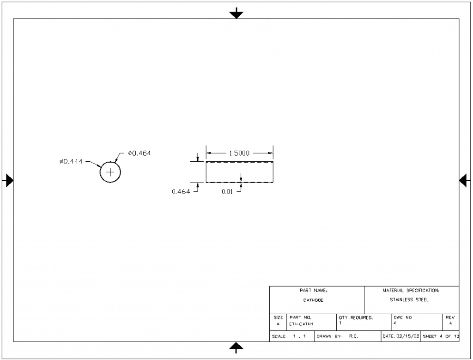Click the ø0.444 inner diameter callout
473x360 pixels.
click(x=71, y=161)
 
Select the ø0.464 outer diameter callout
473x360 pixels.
click(x=139, y=153)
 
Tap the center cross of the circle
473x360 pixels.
click(x=110, y=172)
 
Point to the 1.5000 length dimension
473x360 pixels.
click(x=239, y=153)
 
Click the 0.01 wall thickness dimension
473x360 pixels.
click(x=227, y=192)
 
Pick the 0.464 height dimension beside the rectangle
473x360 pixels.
click(x=181, y=192)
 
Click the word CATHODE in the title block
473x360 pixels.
click(x=313, y=300)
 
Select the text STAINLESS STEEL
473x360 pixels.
click(x=409, y=300)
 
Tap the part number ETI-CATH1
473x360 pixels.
click(x=301, y=324)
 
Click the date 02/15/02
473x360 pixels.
click(x=407, y=336)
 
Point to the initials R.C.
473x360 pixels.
click(x=354, y=336)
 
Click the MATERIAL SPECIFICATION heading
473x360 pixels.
click(x=411, y=291)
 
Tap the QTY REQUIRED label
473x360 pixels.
click(x=356, y=318)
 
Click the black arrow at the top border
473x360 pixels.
click(x=236, y=13)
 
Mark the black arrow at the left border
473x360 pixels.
click(x=8, y=180)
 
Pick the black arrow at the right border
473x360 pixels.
click(x=465, y=180)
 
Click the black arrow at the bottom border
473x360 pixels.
click(x=236, y=347)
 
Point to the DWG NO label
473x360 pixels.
click(x=402, y=318)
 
